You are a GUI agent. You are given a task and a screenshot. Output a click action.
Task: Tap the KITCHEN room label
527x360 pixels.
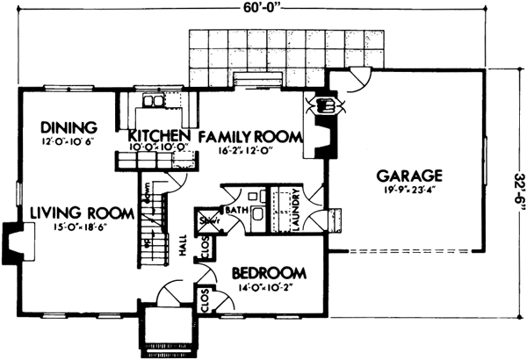(x=159, y=135)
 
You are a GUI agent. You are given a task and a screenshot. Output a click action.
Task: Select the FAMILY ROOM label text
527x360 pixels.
(x=249, y=136)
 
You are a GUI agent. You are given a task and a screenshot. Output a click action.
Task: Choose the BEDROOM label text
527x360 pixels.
(x=268, y=272)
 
